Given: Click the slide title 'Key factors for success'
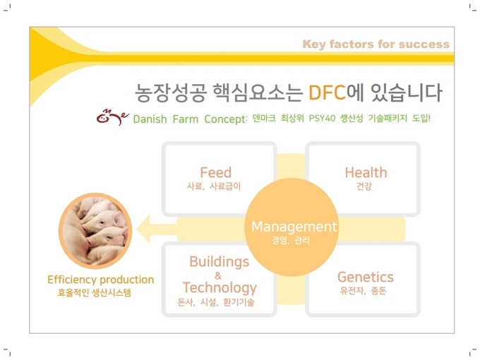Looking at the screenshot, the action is click(x=376, y=44).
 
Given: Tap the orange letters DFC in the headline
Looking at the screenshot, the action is click(x=327, y=92).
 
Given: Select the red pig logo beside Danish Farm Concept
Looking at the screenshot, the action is click(x=112, y=117).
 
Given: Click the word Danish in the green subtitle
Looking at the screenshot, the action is click(x=150, y=119).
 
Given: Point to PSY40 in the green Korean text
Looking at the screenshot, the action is click(x=322, y=118).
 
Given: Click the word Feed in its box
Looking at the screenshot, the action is click(x=216, y=172).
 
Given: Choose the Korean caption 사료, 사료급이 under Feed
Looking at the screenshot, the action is click(x=214, y=186).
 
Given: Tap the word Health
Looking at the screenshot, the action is click(x=366, y=173).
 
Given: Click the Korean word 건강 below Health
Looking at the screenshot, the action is click(x=364, y=186).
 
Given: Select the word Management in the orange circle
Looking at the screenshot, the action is click(x=294, y=227).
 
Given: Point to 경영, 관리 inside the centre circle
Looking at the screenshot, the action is click(x=291, y=240).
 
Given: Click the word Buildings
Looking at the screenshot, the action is click(x=220, y=263).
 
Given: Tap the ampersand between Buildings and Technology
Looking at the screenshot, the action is click(x=218, y=276).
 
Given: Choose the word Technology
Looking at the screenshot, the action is click(x=220, y=288).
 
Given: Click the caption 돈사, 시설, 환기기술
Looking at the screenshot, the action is click(x=216, y=302).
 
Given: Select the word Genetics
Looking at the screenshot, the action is click(x=366, y=277).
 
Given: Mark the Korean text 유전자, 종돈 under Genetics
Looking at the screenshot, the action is click(x=363, y=291).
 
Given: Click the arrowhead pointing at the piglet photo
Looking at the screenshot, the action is click(x=143, y=229).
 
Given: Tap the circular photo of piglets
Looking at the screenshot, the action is click(x=95, y=231).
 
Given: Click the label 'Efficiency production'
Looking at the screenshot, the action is click(x=101, y=280).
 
